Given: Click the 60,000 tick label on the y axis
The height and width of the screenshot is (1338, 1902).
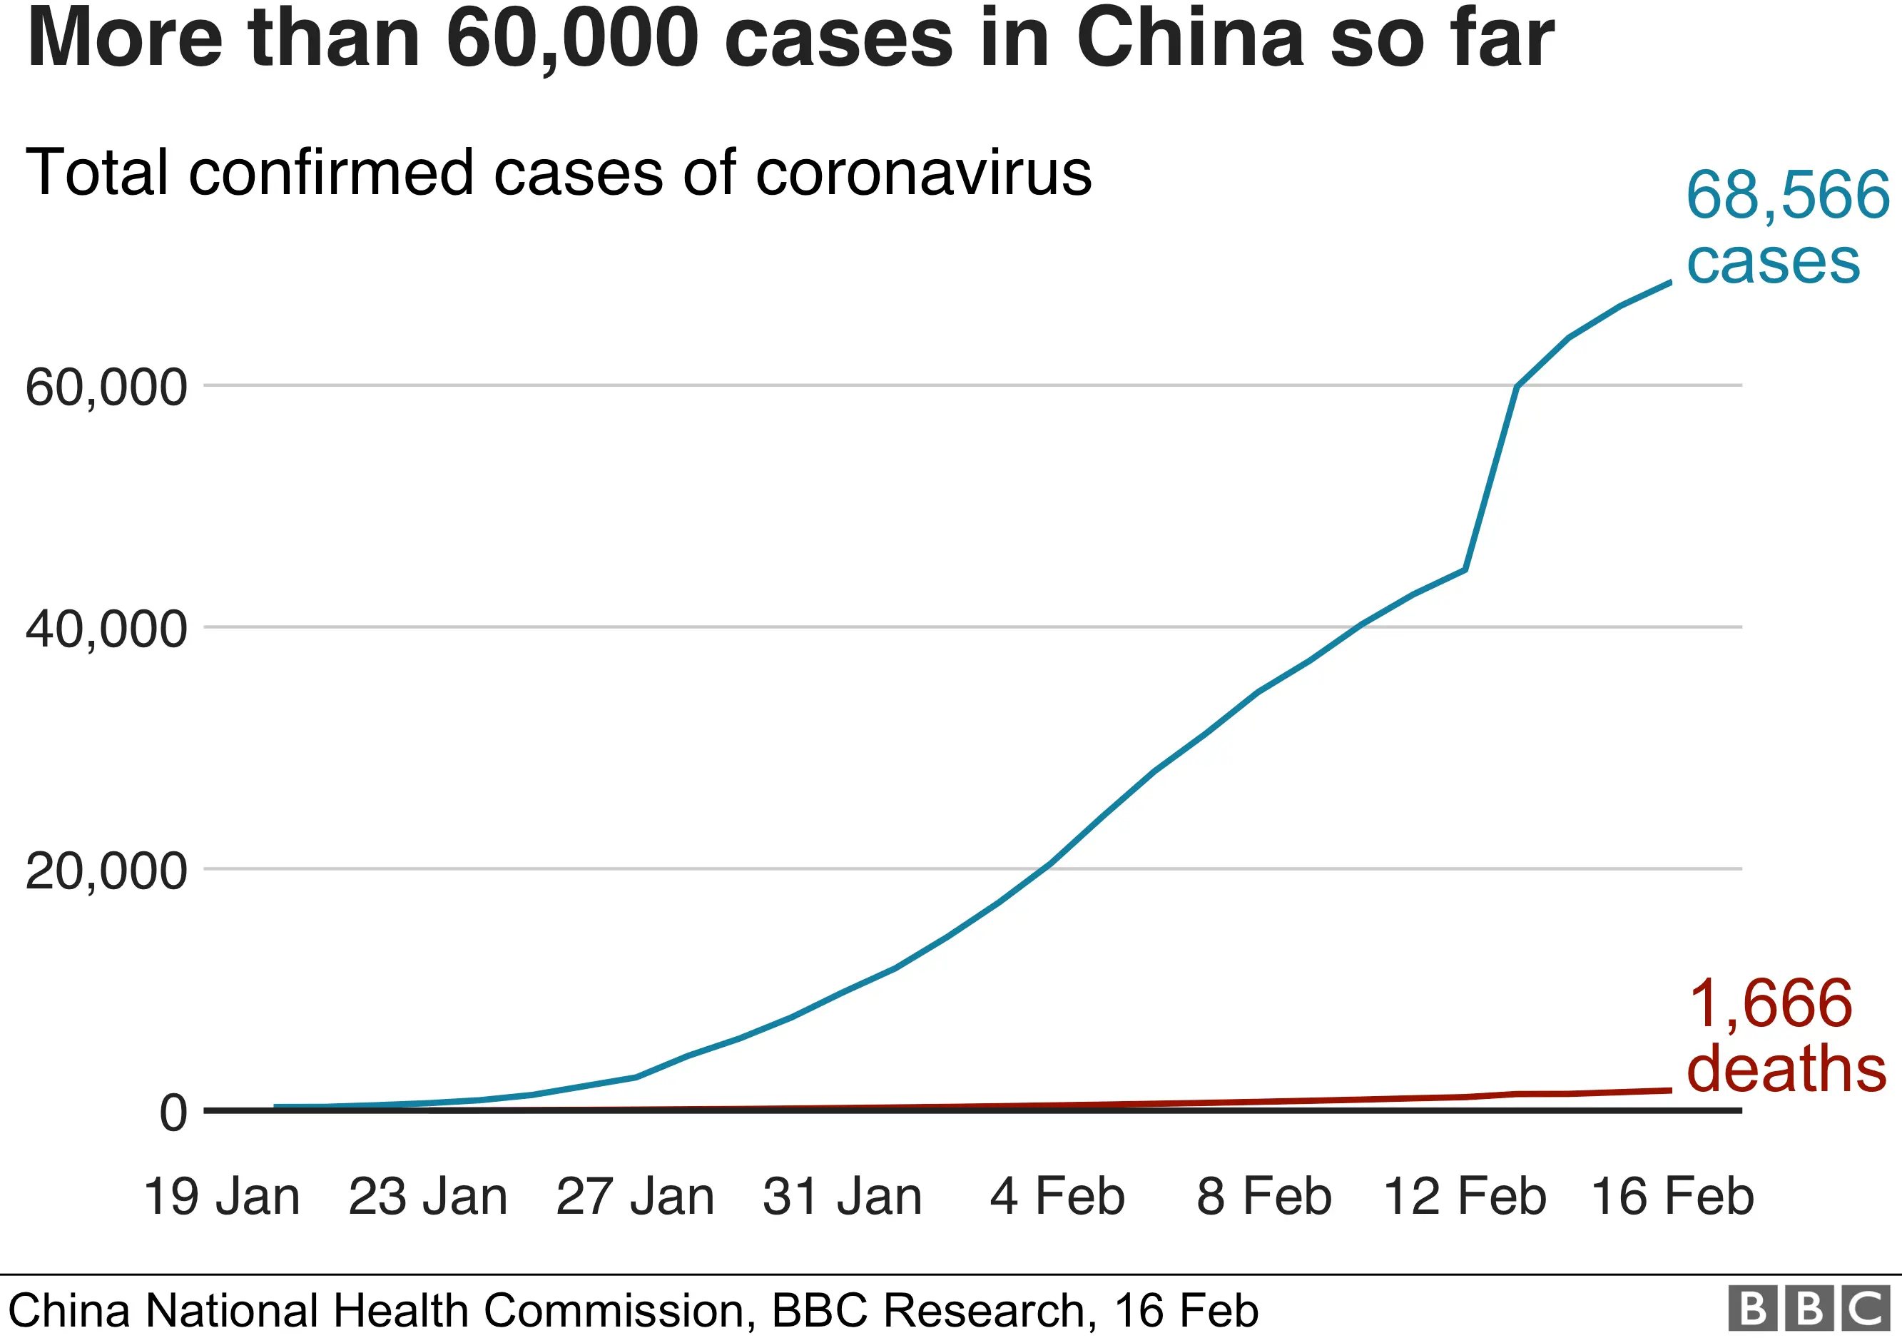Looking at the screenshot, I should [x=106, y=387].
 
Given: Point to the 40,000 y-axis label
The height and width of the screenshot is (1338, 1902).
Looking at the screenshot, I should [x=106, y=629].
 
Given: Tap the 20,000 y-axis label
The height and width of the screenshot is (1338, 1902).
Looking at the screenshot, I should [x=106, y=871].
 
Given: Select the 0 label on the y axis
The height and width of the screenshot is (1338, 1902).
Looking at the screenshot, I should [x=174, y=1113].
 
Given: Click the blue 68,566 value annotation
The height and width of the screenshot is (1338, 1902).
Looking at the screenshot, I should [x=1788, y=196].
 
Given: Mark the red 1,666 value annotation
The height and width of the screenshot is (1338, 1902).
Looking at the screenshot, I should [x=1769, y=1004].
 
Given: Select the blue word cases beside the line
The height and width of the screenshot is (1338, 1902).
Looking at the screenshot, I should [x=1774, y=262].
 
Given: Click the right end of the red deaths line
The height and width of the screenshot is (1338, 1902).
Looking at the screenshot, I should [x=1669, y=1090].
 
